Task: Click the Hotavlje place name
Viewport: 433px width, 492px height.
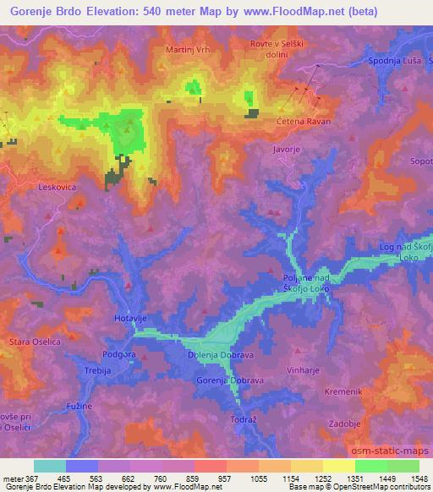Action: (x=131, y=319)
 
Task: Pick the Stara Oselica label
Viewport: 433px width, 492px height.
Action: (x=29, y=342)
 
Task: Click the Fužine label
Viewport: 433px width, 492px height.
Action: (x=78, y=407)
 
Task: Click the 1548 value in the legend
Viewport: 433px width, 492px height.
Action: (x=418, y=478)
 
